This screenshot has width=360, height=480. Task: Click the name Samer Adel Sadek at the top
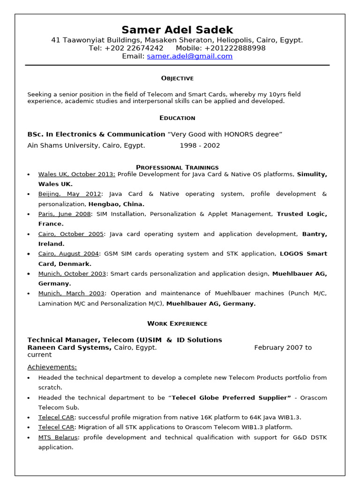(x=177, y=30)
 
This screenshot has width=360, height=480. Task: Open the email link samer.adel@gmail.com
(x=189, y=56)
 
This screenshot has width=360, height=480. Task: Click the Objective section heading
(x=177, y=78)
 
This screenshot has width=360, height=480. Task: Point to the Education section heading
(x=177, y=118)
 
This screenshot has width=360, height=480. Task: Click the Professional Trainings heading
(x=177, y=167)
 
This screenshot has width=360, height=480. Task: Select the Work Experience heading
(x=177, y=323)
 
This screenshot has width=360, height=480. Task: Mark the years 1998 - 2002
(x=200, y=145)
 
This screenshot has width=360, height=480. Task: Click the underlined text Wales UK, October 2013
(x=76, y=174)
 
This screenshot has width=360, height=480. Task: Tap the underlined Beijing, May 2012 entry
(x=69, y=194)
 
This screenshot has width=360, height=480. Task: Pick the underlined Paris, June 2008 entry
(x=64, y=214)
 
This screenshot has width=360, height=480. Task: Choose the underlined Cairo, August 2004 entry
(x=68, y=254)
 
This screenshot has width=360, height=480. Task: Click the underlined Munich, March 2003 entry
(x=71, y=293)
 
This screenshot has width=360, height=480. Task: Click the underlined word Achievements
(x=52, y=367)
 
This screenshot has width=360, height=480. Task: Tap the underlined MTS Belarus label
(x=59, y=437)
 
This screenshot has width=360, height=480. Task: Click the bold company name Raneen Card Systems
(x=69, y=347)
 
